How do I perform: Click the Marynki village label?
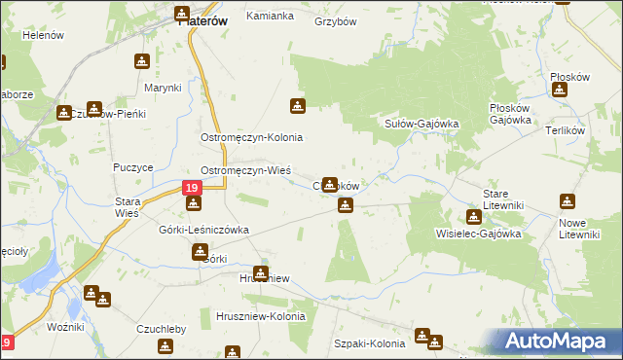pos(164,88)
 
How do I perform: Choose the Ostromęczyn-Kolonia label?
pos(252,138)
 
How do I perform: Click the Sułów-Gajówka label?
pos(421,124)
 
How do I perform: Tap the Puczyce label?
pos(133,167)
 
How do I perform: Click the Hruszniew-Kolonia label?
pos(260,317)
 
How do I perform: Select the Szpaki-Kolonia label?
pos(369,343)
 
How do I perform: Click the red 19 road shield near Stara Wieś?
pos(192,186)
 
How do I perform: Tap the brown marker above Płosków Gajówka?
pos(560,90)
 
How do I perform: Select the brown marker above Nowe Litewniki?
pos(568,202)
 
